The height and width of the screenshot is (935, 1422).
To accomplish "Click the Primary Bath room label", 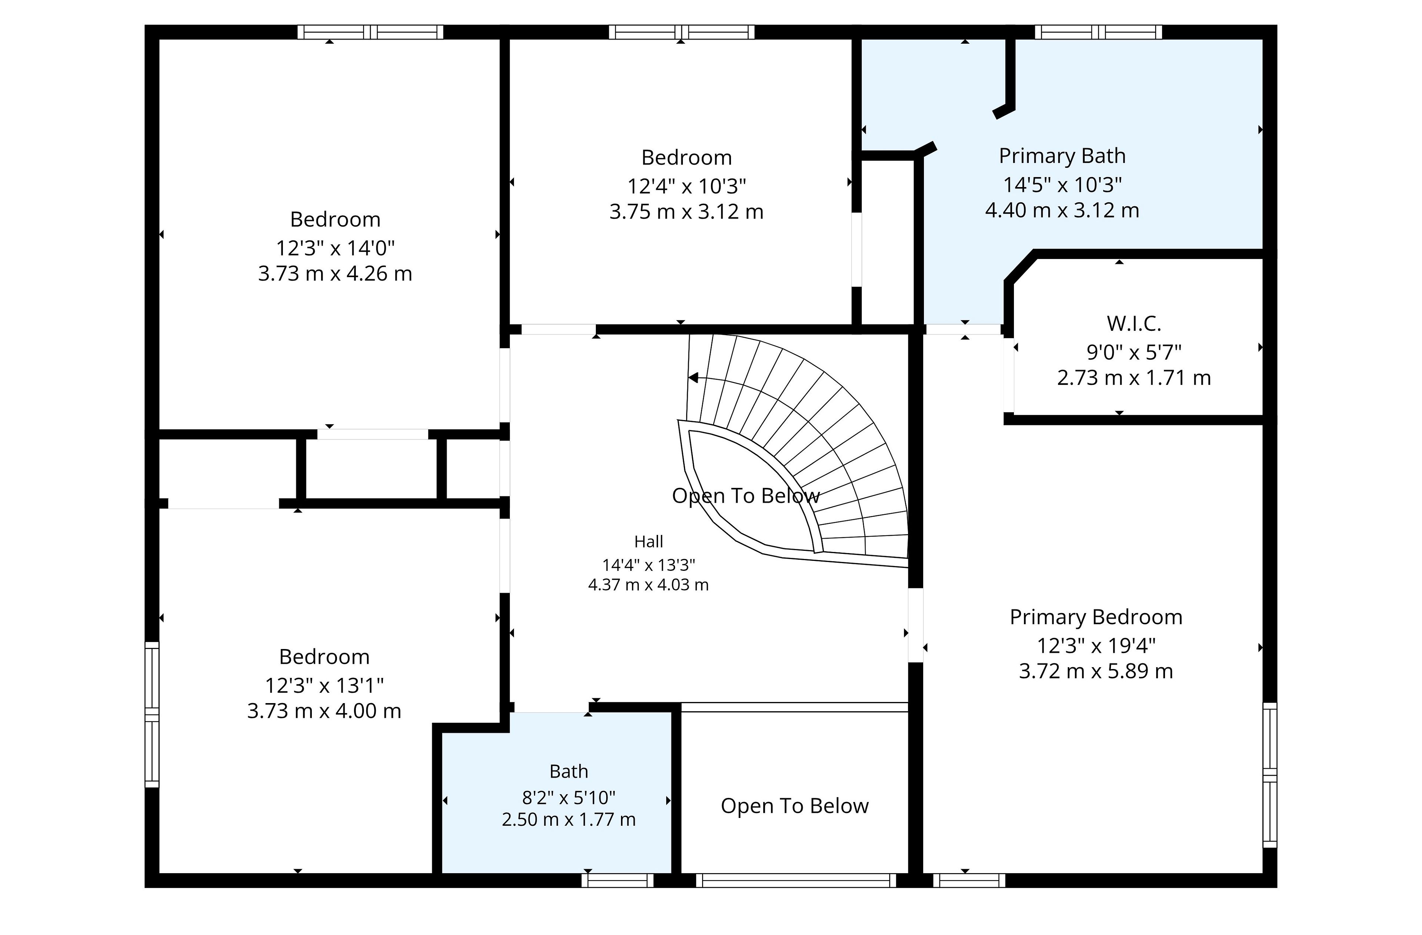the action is pyautogui.click(x=1062, y=156).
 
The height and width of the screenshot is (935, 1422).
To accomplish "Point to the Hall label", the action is pyautogui.click(x=649, y=542).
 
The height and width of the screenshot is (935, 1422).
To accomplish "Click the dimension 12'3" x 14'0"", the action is pyautogui.click(x=335, y=247).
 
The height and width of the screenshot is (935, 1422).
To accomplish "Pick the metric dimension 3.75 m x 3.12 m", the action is pyautogui.click(x=687, y=212).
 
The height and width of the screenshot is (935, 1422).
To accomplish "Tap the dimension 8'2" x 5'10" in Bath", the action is pyautogui.click(x=569, y=798).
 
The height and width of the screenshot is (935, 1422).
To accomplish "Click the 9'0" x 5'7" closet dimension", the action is pyautogui.click(x=1134, y=352).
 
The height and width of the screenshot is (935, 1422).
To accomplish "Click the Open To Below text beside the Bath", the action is pyautogui.click(x=795, y=806).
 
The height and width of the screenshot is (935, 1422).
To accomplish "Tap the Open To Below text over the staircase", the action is pyautogui.click(x=746, y=496).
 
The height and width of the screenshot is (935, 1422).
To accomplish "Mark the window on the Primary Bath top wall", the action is pyautogui.click(x=1099, y=32).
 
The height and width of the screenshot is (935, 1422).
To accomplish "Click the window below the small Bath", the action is pyautogui.click(x=618, y=880).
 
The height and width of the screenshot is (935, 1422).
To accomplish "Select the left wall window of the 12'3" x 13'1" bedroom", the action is pyautogui.click(x=152, y=715).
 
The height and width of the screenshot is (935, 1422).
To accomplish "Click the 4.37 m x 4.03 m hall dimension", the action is pyautogui.click(x=649, y=585).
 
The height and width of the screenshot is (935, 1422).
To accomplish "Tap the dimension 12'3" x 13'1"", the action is pyautogui.click(x=324, y=685).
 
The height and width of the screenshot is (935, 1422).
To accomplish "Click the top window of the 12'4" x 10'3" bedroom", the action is pyautogui.click(x=682, y=32).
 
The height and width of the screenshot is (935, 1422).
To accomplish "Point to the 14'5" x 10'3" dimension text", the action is pyautogui.click(x=1062, y=185).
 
